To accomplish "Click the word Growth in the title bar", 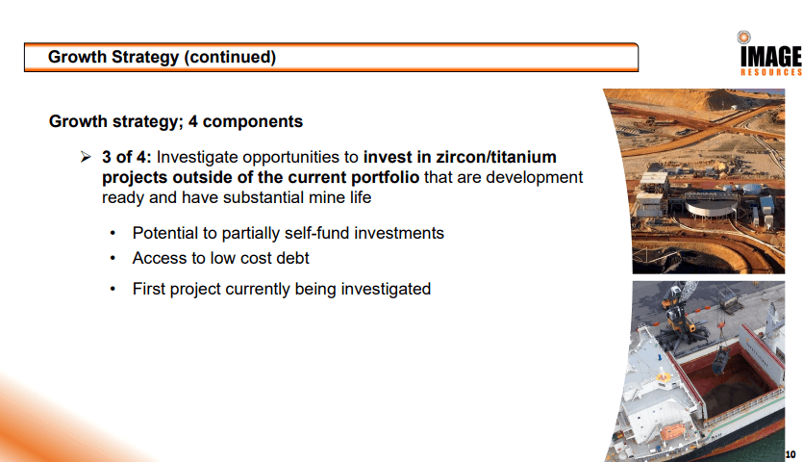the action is pyautogui.click(x=77, y=57).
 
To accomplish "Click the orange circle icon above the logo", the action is pyautogui.click(x=743, y=37).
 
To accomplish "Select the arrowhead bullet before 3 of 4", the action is pyautogui.click(x=86, y=157).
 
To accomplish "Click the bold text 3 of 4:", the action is pyautogui.click(x=127, y=157).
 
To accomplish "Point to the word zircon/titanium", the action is pyautogui.click(x=495, y=157).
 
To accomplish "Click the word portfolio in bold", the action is pyautogui.click(x=385, y=177).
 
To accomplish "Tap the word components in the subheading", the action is pyautogui.click(x=253, y=121).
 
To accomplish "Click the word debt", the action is pyautogui.click(x=292, y=258).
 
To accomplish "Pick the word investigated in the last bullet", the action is pyautogui.click(x=386, y=289).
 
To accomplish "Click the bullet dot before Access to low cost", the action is pyautogui.click(x=113, y=259).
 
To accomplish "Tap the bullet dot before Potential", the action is pyautogui.click(x=113, y=234).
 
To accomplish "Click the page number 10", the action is pyautogui.click(x=790, y=454).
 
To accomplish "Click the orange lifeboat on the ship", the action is pyautogui.click(x=672, y=432).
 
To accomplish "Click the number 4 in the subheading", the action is pyautogui.click(x=192, y=121).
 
